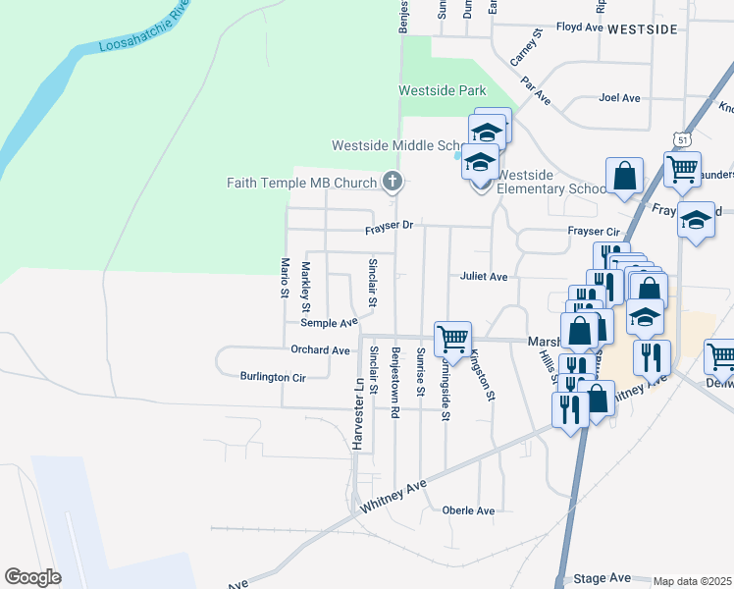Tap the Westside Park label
443,91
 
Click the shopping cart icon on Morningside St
452,339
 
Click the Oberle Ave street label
468,510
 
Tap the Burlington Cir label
273,377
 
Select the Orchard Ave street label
320,350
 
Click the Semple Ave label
329,323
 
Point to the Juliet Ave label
483,277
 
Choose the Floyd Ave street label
579,28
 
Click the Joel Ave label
619,98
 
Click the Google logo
32,577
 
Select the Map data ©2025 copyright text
693,581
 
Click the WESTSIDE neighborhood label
642,30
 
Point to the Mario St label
285,278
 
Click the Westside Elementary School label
551,182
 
